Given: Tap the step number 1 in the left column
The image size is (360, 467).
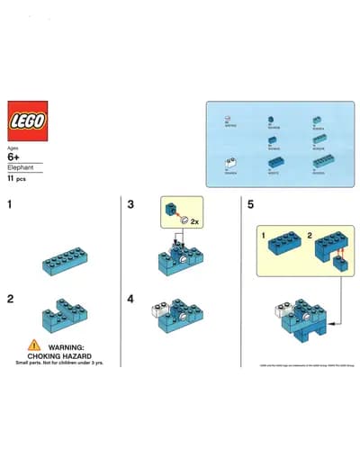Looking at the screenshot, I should (11, 205).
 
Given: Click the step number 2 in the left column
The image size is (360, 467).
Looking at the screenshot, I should (11, 299).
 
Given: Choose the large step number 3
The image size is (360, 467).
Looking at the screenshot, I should (131, 205).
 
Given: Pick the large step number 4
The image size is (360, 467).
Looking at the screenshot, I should (131, 299).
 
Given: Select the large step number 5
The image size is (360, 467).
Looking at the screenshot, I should (250, 205).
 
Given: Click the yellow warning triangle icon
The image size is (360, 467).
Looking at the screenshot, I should (33, 345).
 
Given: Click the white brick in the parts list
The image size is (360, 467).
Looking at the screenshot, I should (231, 162).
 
